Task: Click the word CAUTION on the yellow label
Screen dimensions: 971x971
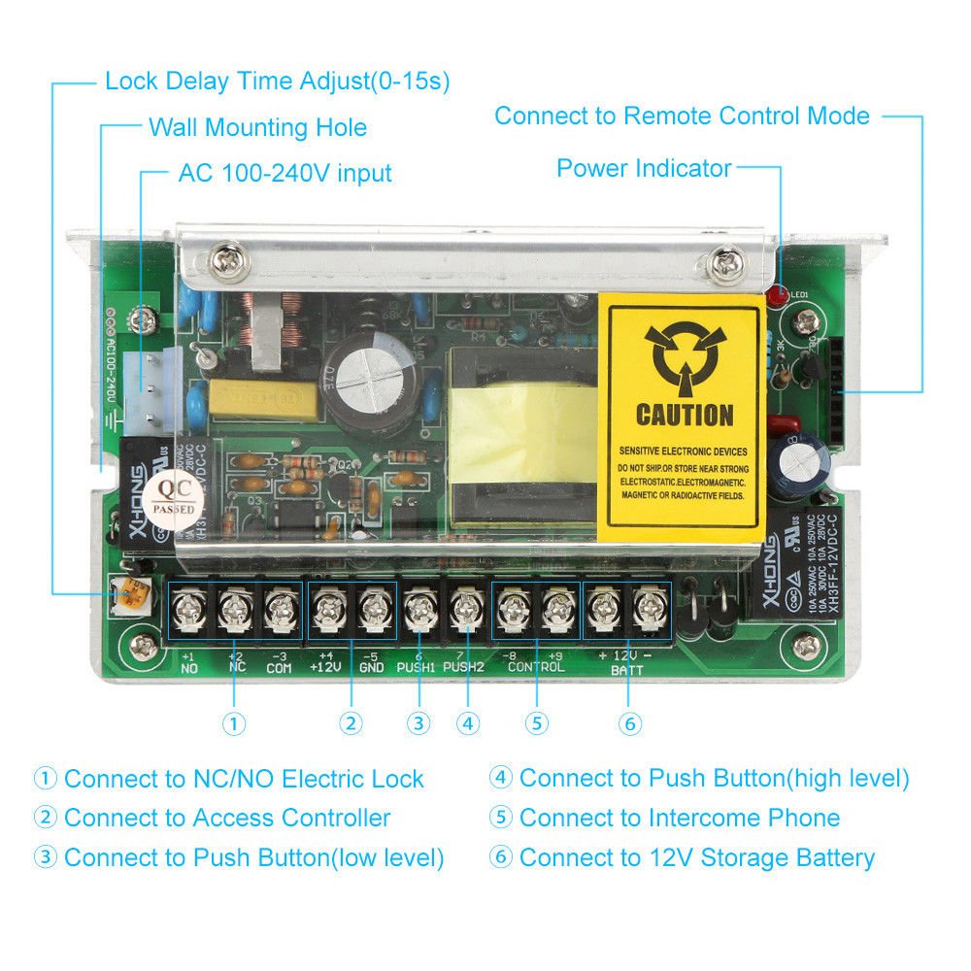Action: coord(684,415)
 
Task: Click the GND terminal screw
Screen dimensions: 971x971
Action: coord(374,611)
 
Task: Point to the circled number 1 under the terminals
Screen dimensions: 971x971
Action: coord(234,723)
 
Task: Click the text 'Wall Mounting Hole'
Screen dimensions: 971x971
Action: coord(257,127)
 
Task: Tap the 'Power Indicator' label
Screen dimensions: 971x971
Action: coord(643,168)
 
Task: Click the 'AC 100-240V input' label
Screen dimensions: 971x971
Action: coord(285,174)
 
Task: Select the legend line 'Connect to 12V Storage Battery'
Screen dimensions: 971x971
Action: coord(696,857)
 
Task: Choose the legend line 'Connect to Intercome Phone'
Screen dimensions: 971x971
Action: coord(679,818)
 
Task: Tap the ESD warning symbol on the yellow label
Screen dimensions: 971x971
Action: coord(684,354)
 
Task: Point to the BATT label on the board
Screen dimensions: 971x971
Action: coord(626,670)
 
